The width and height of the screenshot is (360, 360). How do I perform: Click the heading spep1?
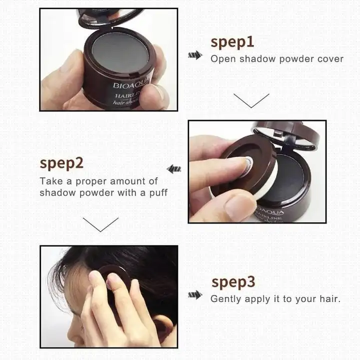pos(232,42)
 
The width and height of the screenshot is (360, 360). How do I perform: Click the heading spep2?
pos(61,163)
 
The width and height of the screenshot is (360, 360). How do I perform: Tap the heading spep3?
pos(233,282)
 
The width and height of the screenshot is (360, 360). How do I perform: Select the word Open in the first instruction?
pos(223,59)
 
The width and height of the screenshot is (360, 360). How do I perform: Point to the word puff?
pos(158,192)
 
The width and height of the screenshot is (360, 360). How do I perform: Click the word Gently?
pos(225,299)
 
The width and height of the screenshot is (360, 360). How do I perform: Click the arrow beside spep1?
pos(195,55)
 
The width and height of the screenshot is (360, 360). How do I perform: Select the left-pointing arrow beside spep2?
pos(173,169)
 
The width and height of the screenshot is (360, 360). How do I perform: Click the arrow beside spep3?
pos(195,295)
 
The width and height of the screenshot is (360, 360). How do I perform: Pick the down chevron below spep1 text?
pos(251,100)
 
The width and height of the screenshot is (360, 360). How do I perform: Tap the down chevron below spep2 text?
pos(100,224)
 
